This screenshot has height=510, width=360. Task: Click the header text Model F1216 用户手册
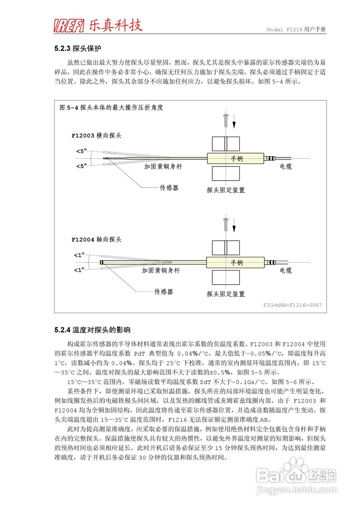tap(296, 30)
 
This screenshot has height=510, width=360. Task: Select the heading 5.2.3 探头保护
tap(78, 49)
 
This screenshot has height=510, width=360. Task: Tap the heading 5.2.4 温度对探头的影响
tap(92, 330)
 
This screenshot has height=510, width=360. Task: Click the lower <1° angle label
tap(79, 270)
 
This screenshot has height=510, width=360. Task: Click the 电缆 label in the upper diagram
tap(286, 167)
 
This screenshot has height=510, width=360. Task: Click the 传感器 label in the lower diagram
tap(164, 292)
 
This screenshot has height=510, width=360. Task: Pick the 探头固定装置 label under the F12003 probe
tap(226, 190)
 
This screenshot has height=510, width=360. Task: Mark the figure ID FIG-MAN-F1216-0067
tap(292, 305)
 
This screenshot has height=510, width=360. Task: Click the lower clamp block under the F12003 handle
tap(226, 173)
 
